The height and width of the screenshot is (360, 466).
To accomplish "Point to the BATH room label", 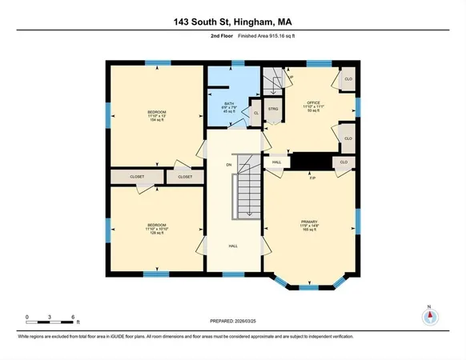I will [229, 106].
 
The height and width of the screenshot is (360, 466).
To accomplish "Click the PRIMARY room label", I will [310, 225].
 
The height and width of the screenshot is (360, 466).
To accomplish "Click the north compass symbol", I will [430, 316].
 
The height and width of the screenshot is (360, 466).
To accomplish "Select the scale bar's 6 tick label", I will [74, 317].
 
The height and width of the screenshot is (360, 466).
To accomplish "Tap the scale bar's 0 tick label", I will [27, 317].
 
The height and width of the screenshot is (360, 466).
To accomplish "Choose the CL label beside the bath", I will [255, 113].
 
